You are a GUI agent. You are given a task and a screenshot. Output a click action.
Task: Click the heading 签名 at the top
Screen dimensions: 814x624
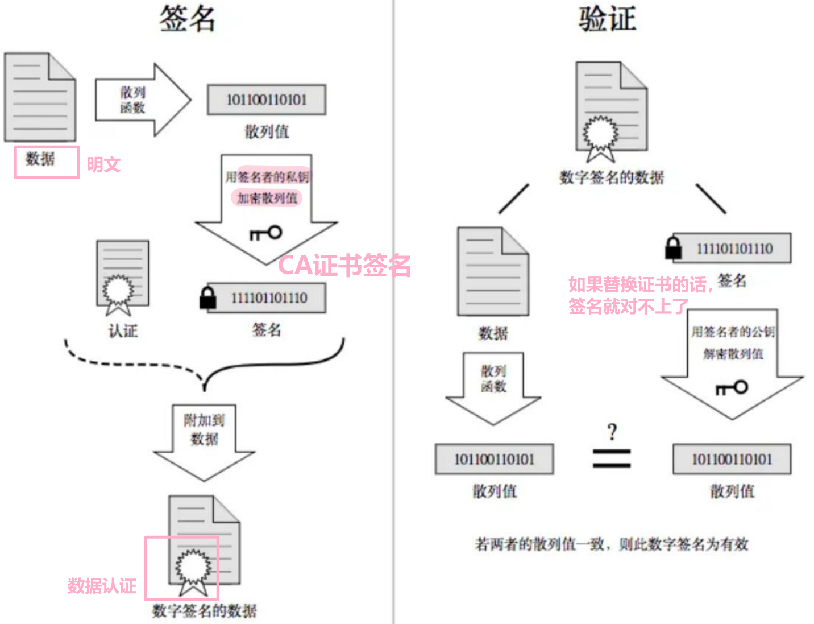coord(187,19)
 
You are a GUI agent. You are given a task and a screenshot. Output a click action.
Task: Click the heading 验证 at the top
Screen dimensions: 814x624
coord(607,19)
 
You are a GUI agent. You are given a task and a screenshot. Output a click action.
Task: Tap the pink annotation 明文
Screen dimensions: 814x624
coord(103,164)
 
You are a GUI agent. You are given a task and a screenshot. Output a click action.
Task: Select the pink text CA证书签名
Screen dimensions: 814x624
coord(344,265)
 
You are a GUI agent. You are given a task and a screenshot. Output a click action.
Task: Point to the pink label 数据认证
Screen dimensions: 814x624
coord(102,586)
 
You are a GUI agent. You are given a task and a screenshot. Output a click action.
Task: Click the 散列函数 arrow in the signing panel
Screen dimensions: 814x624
coord(143,100)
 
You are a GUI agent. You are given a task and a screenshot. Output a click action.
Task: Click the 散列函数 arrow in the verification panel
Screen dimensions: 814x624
coord(493,389)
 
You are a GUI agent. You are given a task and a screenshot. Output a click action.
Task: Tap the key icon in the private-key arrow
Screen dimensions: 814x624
coord(265,233)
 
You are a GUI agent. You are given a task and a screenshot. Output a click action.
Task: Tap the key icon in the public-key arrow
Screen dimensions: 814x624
coord(731,387)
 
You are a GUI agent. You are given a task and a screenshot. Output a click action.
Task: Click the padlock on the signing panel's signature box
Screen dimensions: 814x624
coord(208,298)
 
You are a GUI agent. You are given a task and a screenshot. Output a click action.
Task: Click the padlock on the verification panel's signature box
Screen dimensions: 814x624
coord(673,248)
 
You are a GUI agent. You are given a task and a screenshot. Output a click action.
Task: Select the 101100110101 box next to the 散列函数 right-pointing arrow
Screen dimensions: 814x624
coord(267,100)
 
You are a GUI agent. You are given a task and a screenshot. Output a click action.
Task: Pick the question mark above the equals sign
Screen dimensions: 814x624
coord(612,432)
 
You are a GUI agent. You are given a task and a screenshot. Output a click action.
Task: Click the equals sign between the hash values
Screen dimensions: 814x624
coord(611,458)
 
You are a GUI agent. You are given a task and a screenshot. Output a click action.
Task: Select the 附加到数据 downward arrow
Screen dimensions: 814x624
coord(204,442)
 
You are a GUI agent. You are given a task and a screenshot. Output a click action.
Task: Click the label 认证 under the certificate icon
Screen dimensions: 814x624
coord(123,331)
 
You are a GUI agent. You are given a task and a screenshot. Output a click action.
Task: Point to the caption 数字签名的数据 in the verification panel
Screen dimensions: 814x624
coord(611,177)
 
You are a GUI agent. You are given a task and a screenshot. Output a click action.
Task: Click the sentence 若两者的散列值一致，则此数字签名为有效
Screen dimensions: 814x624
coord(611,544)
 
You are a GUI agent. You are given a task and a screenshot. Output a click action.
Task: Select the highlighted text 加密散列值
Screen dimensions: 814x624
coord(267,198)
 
